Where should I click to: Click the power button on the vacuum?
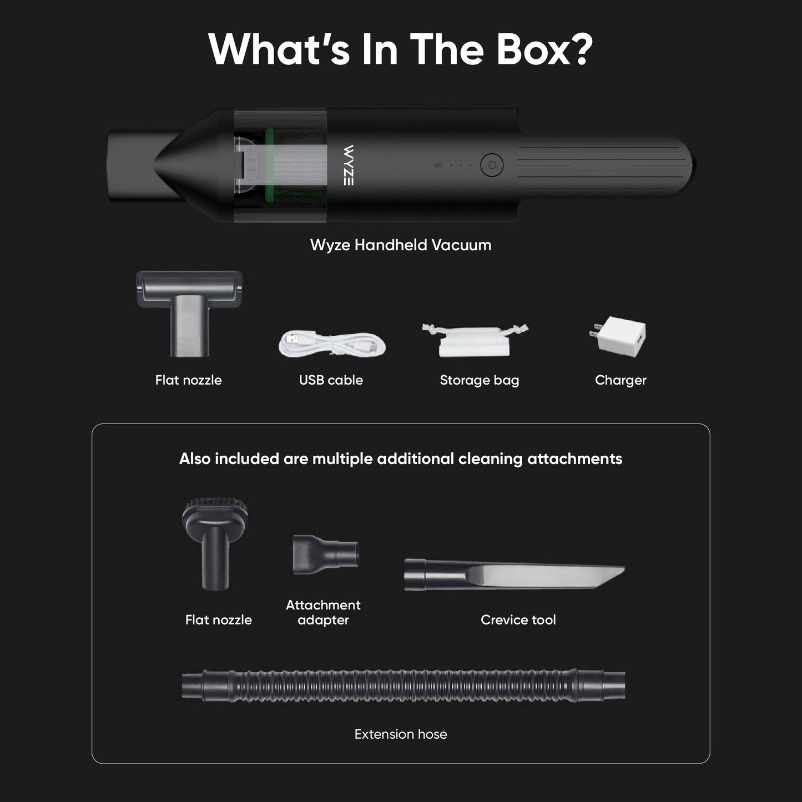click(x=491, y=165)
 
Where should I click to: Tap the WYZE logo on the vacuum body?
click(x=349, y=165)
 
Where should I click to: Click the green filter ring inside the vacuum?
click(x=270, y=165)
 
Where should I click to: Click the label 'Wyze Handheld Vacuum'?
click(x=401, y=245)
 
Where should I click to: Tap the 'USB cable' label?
click(x=331, y=380)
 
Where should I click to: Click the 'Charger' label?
click(x=621, y=380)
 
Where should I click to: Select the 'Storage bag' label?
click(x=480, y=380)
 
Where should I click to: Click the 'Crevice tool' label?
click(x=518, y=620)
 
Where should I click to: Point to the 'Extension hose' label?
click(x=401, y=734)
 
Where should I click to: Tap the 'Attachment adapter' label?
click(x=323, y=612)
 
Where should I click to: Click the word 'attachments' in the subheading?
click(x=574, y=459)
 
